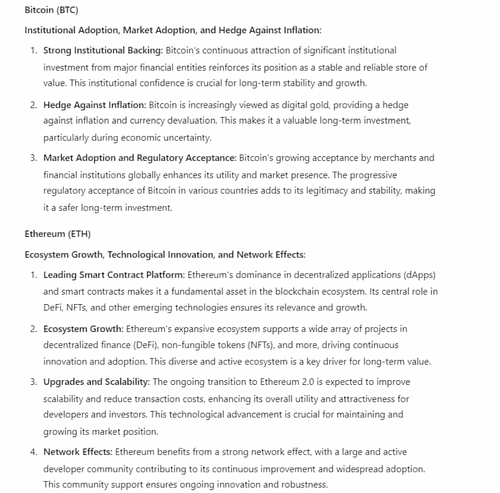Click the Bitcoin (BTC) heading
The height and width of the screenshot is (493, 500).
51,10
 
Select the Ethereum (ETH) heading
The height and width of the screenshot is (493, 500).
58,234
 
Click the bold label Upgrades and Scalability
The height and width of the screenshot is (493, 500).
97,381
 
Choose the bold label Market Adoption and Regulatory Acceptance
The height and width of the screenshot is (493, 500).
139,157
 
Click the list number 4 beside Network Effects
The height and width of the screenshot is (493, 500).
33,452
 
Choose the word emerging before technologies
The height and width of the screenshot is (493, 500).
177,307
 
